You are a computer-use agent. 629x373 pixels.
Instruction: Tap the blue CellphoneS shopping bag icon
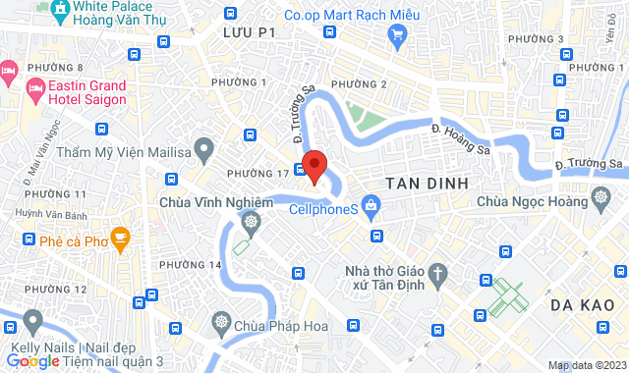point(371,205)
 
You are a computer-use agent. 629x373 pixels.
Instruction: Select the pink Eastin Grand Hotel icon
point(9,71)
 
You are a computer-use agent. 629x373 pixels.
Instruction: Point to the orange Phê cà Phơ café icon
point(120,237)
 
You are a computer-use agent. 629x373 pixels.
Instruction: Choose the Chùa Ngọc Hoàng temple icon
point(601,200)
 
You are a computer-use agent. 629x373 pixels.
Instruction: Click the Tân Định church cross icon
point(440,270)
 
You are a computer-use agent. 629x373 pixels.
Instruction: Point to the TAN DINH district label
point(425,184)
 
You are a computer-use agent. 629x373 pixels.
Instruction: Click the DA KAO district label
point(583,306)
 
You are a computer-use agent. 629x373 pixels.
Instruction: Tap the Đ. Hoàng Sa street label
point(461,138)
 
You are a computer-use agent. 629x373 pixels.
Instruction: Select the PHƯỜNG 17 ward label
point(257,174)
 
